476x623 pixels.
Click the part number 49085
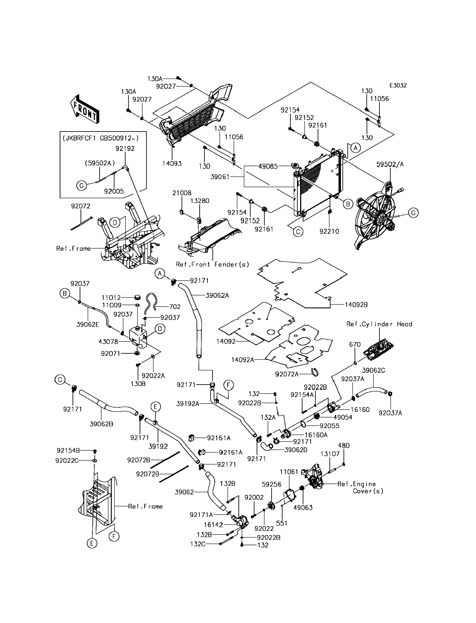pyautogui.click(x=268, y=167)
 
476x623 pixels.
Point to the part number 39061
pyautogui.click(x=220, y=177)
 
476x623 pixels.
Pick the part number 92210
pyautogui.click(x=329, y=231)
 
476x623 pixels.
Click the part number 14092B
pyautogui.click(x=356, y=305)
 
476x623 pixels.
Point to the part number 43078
pyautogui.click(x=108, y=342)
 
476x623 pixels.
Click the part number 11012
pyautogui.click(x=111, y=298)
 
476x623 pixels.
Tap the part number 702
pyautogui.click(x=175, y=307)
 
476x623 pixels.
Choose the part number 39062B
pyautogui.click(x=102, y=424)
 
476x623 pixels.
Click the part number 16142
pyautogui.click(x=213, y=525)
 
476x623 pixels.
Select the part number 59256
pyautogui.click(x=271, y=484)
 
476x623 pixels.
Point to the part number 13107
pyautogui.click(x=330, y=454)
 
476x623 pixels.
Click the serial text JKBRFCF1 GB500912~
pyautogui.click(x=101, y=138)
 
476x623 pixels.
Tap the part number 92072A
pyautogui.click(x=287, y=374)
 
